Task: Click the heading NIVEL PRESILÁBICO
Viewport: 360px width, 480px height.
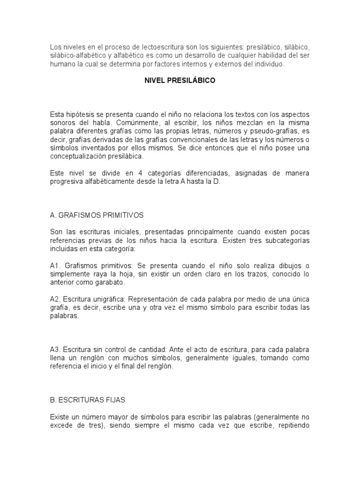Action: [x=180, y=81]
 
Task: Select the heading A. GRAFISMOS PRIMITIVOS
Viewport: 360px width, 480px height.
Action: [x=97, y=215]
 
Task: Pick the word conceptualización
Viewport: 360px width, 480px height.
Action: [x=78, y=157]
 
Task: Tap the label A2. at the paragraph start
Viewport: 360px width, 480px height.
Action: [x=56, y=299]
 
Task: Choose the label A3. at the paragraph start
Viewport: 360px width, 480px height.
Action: [x=56, y=350]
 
